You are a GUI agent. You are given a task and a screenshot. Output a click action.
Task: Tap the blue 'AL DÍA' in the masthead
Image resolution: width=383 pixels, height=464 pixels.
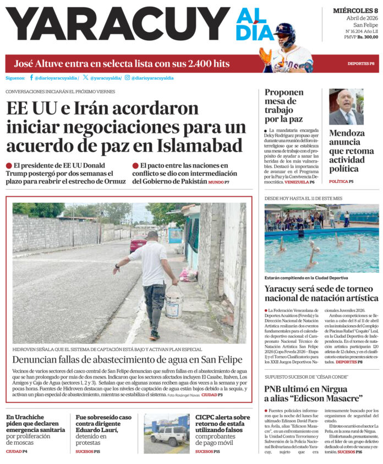click(x=255, y=25)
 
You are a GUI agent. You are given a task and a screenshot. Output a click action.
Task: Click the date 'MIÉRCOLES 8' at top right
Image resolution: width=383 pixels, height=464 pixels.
click(x=355, y=10)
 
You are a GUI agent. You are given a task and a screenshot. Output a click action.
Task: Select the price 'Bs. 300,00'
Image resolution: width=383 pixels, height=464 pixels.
click(x=368, y=37)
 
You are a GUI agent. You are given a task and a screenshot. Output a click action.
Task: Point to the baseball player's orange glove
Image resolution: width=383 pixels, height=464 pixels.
click(x=265, y=56)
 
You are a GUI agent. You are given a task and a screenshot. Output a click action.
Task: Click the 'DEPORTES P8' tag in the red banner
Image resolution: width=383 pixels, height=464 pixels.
click(x=361, y=64)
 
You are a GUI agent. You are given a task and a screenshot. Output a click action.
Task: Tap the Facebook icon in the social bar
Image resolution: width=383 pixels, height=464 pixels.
click(x=31, y=78)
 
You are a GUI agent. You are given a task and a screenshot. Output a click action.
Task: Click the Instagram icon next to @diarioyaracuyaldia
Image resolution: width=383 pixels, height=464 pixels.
click(x=127, y=78)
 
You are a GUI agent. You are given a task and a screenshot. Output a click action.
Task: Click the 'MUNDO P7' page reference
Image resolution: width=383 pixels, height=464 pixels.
click(x=218, y=182)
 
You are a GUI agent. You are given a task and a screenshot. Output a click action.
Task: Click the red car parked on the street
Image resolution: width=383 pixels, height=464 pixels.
click(x=138, y=243)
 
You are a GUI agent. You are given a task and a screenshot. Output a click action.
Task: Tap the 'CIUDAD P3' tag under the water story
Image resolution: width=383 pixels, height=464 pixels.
click(x=212, y=395)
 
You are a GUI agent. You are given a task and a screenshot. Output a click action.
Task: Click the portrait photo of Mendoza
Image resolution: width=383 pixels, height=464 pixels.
click(x=346, y=107)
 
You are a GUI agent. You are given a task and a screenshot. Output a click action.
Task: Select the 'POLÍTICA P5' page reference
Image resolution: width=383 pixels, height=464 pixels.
click(x=341, y=181)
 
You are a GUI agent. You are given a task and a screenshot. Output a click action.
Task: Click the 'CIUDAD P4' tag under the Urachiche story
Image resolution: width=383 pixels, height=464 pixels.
click(x=17, y=451)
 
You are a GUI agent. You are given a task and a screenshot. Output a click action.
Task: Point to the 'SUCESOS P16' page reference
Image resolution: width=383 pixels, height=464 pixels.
click(x=349, y=451)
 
